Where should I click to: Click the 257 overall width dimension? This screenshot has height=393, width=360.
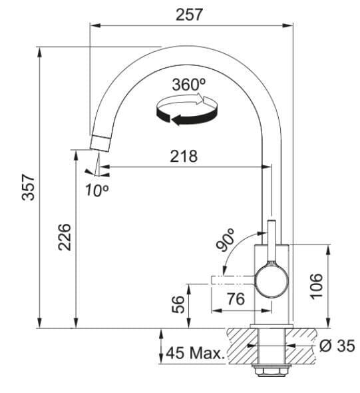[189, 15]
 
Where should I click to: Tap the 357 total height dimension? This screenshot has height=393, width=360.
[28, 188]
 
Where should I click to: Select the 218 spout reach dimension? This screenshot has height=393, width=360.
[184, 156]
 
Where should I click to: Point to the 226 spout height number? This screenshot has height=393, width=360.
[65, 237]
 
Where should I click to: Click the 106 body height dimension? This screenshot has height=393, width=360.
[317, 286]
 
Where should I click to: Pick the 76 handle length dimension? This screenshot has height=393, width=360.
[236, 299]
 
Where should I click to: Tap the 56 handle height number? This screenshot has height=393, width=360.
[178, 304]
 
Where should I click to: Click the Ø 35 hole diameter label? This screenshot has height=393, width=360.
[337, 346]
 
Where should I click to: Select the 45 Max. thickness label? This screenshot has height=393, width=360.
[196, 353]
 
